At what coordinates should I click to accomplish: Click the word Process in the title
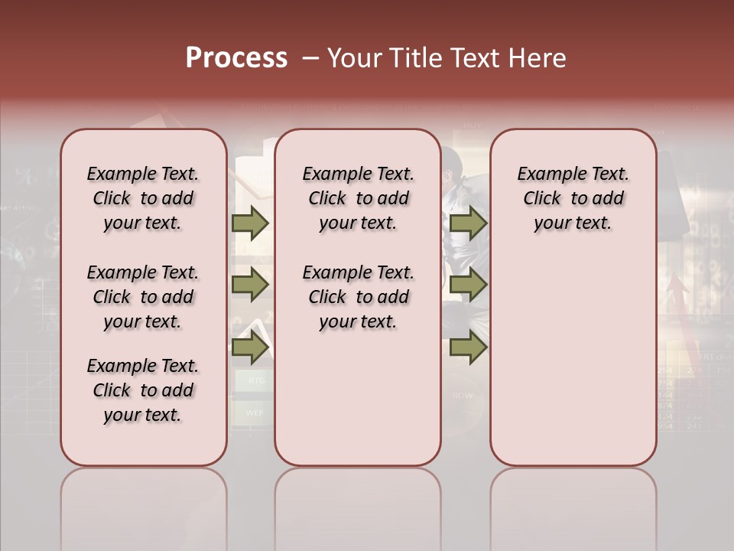pyautogui.click(x=236, y=58)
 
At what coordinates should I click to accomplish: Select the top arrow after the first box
pyautogui.click(x=250, y=223)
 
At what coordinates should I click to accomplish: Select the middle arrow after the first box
pyautogui.click(x=250, y=285)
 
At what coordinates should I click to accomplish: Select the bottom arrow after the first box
pyautogui.click(x=250, y=348)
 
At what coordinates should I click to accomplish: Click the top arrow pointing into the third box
pyautogui.click(x=468, y=223)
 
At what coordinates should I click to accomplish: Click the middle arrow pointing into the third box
pyautogui.click(x=468, y=285)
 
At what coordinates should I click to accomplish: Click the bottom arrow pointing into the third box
pyautogui.click(x=468, y=348)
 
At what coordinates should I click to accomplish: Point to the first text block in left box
pyautogui.click(x=143, y=198)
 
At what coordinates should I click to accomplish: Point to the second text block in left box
pyautogui.click(x=143, y=297)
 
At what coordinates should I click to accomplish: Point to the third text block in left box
pyautogui.click(x=143, y=390)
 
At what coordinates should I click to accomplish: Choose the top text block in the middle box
pyautogui.click(x=358, y=198)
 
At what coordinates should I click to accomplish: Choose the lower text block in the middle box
pyautogui.click(x=358, y=297)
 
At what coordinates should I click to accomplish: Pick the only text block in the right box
pyautogui.click(x=573, y=198)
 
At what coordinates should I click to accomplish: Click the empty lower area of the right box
pyautogui.click(x=573, y=360)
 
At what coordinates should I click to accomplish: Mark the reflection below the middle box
pyautogui.click(x=358, y=505)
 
